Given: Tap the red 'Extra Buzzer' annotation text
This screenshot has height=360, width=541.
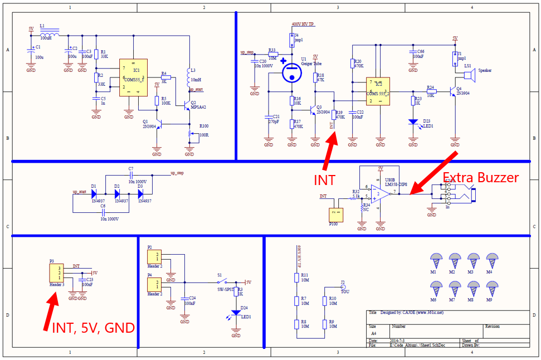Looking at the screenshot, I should (x=480, y=178).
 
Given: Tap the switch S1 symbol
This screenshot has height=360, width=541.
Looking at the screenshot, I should (x=223, y=282).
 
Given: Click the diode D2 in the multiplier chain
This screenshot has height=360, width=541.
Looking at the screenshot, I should (x=118, y=193).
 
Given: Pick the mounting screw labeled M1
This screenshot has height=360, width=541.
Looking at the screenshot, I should (x=436, y=260).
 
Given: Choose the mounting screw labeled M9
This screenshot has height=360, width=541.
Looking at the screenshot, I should (x=492, y=288).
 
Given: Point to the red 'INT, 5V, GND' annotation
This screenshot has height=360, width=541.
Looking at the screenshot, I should (x=93, y=328).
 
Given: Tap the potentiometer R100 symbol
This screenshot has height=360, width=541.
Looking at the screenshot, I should (x=190, y=134).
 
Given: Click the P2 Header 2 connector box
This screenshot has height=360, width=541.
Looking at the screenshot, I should (x=154, y=257).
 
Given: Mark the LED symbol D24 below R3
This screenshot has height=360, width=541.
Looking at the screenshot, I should (x=236, y=313).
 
